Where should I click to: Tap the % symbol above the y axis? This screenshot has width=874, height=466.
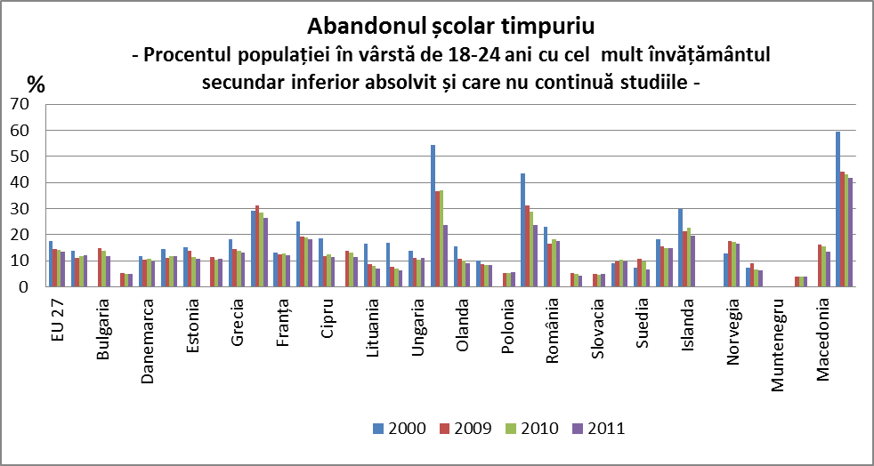point(36,84)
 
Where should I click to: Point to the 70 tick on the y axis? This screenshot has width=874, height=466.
point(23,104)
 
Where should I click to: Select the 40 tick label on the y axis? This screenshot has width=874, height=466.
point(23,182)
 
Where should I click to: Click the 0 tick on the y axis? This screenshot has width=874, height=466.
point(28,287)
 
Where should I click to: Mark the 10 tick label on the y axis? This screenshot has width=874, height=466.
point(23,261)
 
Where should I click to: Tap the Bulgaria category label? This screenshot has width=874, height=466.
point(103,323)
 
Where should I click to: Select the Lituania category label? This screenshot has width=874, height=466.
point(372,324)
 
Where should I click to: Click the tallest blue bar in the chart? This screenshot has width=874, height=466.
point(838,209)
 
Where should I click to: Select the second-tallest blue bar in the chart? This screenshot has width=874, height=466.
point(433,216)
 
